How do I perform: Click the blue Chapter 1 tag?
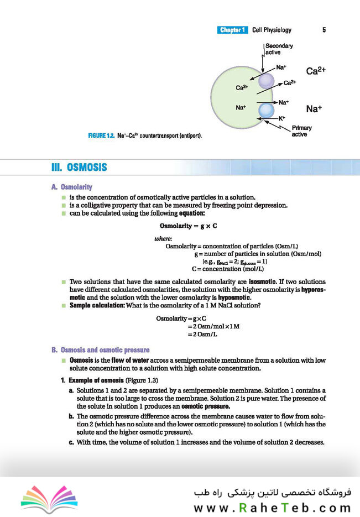point(232,30)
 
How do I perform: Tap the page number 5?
point(324,30)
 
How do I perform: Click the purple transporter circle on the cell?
point(266,81)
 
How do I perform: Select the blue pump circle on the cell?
point(267,110)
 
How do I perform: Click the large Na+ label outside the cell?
point(314,109)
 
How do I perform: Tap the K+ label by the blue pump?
point(281,118)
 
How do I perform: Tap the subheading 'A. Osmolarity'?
point(72,187)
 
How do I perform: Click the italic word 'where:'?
point(164,239)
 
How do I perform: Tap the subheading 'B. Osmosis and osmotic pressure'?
point(100,350)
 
